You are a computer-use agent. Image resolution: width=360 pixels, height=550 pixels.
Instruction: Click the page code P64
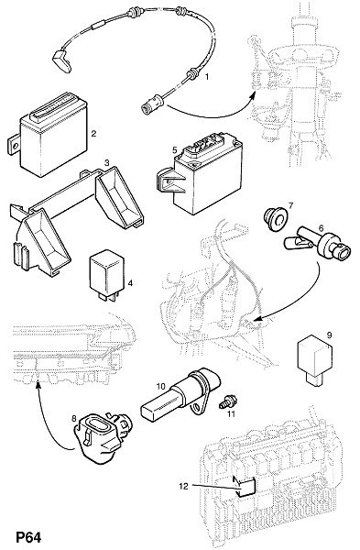(x=28, y=537)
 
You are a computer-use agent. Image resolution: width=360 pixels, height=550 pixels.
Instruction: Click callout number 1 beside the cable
(x=207, y=76)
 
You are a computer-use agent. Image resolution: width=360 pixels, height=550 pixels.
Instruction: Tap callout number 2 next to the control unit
(x=93, y=133)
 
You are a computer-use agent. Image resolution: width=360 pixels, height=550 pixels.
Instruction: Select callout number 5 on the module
(x=175, y=150)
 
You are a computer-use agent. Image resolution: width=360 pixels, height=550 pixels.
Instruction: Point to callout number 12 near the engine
(x=184, y=486)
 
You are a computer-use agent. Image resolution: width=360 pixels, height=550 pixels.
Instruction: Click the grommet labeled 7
(x=275, y=220)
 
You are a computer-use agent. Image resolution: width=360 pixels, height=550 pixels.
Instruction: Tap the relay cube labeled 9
(x=315, y=359)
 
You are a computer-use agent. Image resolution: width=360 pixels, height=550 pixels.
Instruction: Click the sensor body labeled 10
(x=180, y=395)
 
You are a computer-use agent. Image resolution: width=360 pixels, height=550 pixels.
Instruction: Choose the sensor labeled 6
(x=317, y=244)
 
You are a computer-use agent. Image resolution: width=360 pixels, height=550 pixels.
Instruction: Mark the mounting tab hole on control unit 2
(x=14, y=145)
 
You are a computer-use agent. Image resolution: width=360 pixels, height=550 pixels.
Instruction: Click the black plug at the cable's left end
(x=62, y=61)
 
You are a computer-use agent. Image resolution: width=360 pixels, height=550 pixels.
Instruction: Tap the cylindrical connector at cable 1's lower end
(x=153, y=104)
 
